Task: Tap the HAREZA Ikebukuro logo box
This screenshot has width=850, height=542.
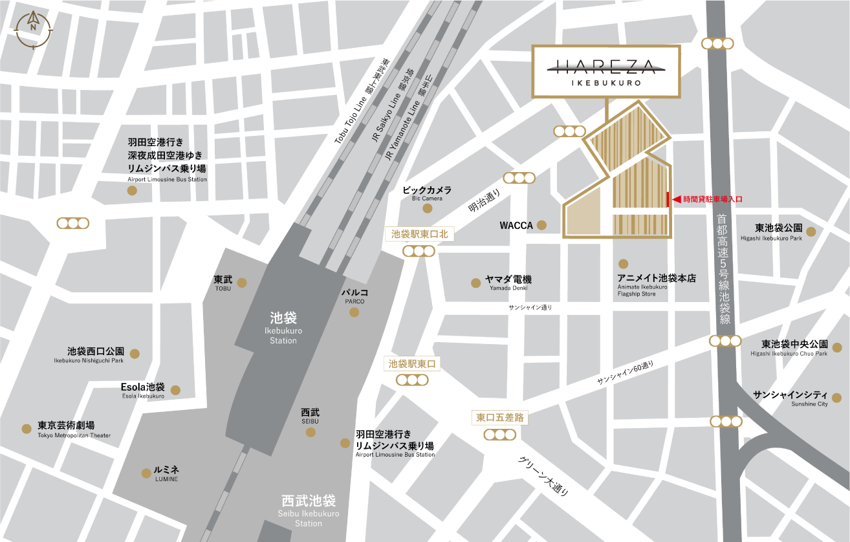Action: pyautogui.click(x=605, y=72)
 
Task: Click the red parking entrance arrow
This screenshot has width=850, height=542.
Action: pyautogui.click(x=677, y=200)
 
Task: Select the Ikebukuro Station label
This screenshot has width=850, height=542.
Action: pyautogui.click(x=283, y=327)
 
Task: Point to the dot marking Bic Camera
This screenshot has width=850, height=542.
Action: pyautogui.click(x=427, y=208)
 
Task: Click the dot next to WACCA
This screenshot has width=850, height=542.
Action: pyautogui.click(x=542, y=226)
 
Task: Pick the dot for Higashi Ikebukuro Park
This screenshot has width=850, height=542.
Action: pyautogui.click(x=811, y=232)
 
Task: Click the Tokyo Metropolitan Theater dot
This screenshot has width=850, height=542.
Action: pyautogui.click(x=27, y=429)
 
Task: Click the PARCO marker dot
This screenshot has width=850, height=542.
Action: pyautogui.click(x=354, y=312)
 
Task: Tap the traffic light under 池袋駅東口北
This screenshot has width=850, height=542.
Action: pyautogui.click(x=419, y=252)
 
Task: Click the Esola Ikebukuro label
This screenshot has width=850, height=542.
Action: pyautogui.click(x=142, y=390)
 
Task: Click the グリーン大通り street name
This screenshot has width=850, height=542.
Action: pyautogui.click(x=543, y=476)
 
